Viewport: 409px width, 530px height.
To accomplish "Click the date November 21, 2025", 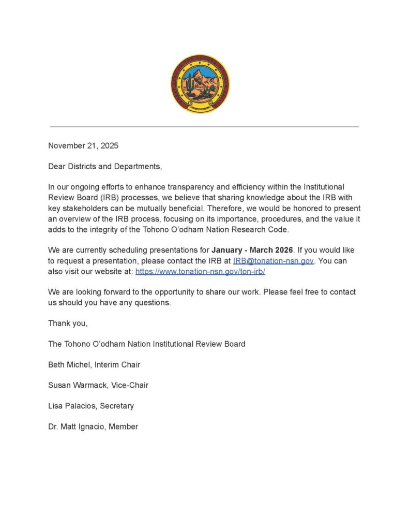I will point(83,146).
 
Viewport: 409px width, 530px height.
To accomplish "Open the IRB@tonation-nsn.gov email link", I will point(274,261).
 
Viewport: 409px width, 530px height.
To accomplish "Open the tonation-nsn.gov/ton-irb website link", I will point(200,271).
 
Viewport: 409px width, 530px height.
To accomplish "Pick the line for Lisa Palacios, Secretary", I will point(91,406).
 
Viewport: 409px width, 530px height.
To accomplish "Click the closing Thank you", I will point(68,323).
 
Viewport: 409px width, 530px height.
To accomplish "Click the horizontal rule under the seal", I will point(204,126).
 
